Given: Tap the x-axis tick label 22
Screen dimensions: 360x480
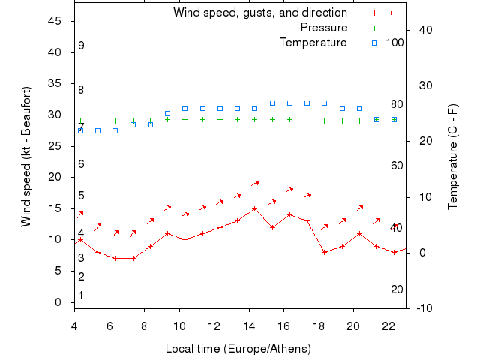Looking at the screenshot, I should pyautogui.click(x=388, y=325).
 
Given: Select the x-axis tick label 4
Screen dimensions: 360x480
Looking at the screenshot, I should pyautogui.click(x=74, y=325).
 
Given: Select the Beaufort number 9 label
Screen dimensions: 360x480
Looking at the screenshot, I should pyautogui.click(x=81, y=46).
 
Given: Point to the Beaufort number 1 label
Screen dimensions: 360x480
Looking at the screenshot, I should pyautogui.click(x=81, y=295).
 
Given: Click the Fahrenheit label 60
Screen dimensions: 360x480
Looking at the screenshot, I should pyautogui.click(x=397, y=166).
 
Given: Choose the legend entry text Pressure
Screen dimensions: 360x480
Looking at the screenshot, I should pyautogui.click(x=323, y=28).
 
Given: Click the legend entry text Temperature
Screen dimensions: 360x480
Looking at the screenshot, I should pyautogui.click(x=313, y=43).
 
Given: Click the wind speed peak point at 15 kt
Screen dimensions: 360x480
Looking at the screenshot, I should pyautogui.click(x=254, y=208).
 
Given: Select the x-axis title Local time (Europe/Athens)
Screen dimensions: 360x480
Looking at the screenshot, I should pyautogui.click(x=238, y=349).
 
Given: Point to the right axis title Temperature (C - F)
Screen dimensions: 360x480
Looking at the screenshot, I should pyautogui.click(x=453, y=157).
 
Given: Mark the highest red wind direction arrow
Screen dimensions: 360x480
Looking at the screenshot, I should pyautogui.click(x=255, y=182).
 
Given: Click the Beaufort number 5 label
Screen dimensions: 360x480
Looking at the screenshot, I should pyautogui.click(x=81, y=196).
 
